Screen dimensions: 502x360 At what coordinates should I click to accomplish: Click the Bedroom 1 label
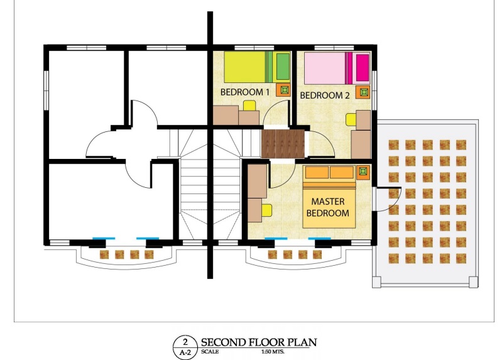coord(244,92)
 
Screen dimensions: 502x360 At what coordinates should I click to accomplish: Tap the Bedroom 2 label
coord(325,95)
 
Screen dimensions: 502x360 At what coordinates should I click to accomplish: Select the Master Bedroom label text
coord(328,207)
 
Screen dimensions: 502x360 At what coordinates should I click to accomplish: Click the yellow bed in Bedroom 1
coord(258,67)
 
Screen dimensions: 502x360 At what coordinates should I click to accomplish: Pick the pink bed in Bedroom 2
coord(337,68)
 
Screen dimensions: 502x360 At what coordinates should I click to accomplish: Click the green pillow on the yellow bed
coord(283,67)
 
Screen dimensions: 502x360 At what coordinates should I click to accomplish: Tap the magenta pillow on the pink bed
coord(363,68)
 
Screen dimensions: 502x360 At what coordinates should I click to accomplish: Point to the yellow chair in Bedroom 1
coord(249,106)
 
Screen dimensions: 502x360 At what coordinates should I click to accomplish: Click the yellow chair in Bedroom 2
coord(351,119)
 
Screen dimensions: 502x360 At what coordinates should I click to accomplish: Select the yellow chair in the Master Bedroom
coord(266,210)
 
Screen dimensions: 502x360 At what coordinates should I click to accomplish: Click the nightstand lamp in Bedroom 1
coord(284,90)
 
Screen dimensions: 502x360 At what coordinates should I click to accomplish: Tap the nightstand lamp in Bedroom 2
coord(364,92)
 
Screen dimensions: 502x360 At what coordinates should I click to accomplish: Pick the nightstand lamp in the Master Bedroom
coord(363,172)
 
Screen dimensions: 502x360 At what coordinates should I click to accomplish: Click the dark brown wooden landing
coord(283,143)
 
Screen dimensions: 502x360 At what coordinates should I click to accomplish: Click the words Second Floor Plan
coord(259,342)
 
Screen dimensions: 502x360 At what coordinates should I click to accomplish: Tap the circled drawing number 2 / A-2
coord(185,347)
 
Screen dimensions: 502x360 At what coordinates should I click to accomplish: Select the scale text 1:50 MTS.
coord(273,351)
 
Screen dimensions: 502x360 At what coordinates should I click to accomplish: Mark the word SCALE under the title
coord(210,351)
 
